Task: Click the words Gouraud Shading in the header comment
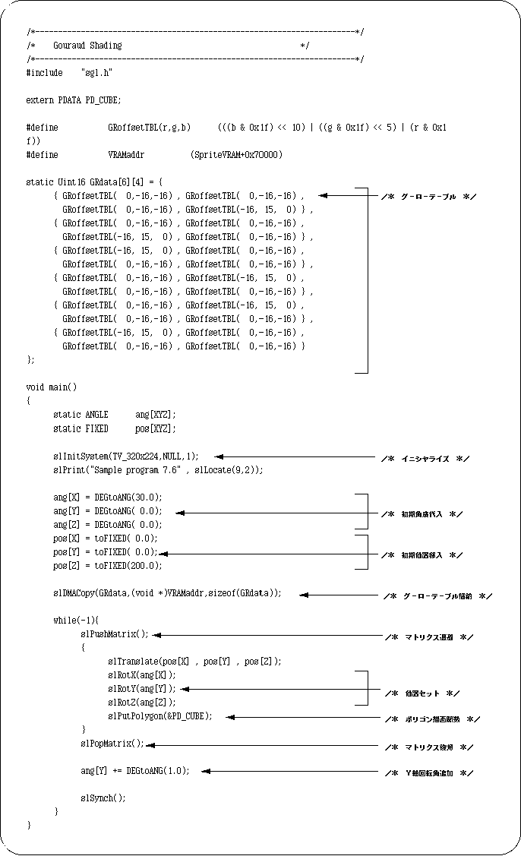(x=87, y=46)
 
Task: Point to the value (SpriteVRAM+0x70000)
(x=237, y=155)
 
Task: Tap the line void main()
(x=52, y=387)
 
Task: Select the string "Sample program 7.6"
(x=136, y=470)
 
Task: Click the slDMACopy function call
(x=80, y=593)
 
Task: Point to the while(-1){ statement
(x=76, y=621)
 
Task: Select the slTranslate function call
(x=135, y=662)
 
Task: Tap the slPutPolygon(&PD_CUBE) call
(x=159, y=716)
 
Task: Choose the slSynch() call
(x=103, y=798)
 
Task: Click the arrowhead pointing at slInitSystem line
(x=219, y=456)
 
